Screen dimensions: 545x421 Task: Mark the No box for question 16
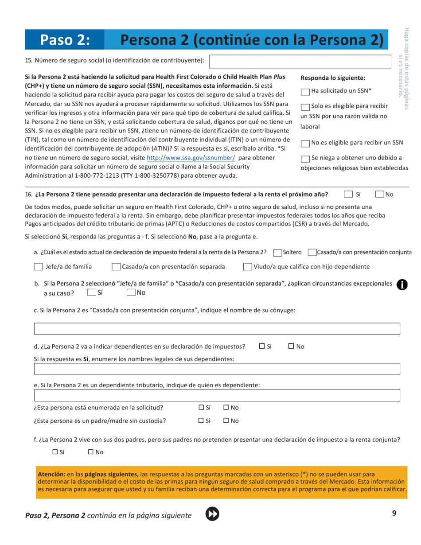pos(379,194)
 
